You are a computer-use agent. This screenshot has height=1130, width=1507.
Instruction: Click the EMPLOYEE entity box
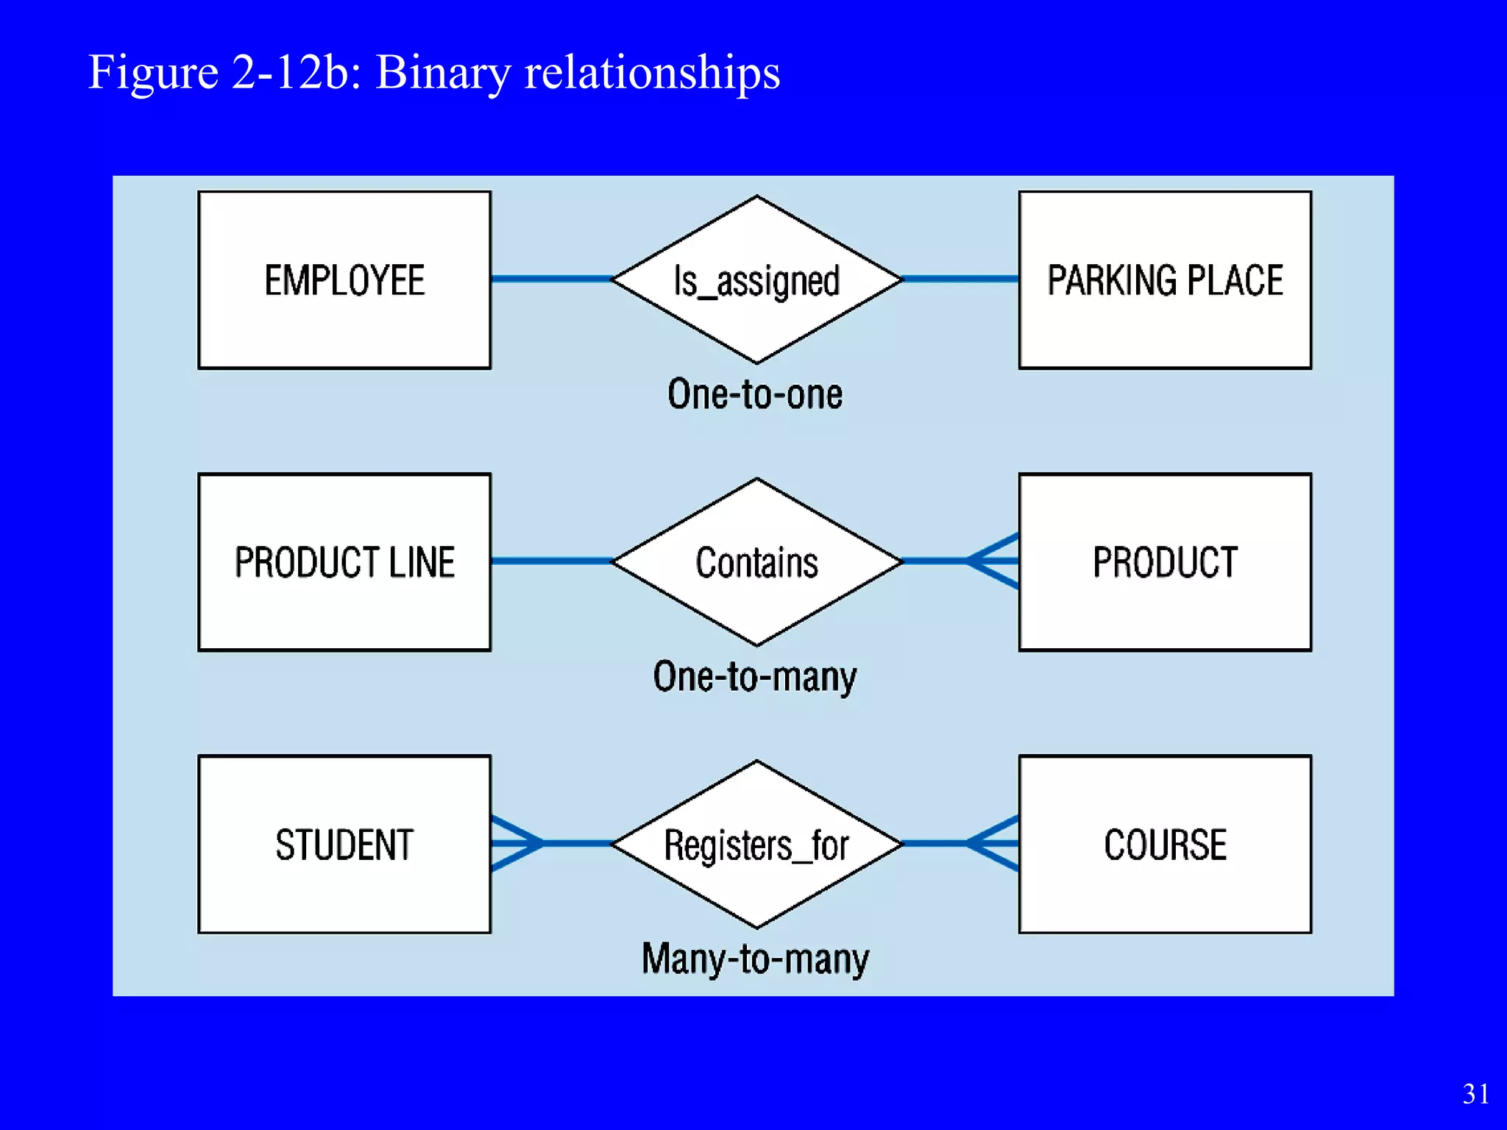tap(344, 280)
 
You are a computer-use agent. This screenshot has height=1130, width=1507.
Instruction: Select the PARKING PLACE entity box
tap(1165, 280)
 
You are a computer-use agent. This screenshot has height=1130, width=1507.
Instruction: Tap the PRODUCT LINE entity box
tap(344, 562)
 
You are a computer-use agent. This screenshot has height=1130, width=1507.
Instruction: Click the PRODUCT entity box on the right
tap(1165, 562)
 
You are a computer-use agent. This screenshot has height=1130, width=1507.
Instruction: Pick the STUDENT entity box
tap(344, 844)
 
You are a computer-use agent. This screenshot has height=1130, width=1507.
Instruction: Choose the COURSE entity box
tap(1165, 844)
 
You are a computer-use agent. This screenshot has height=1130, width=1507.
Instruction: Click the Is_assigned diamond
tap(756, 280)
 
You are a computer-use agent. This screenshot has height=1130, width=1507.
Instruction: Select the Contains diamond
tap(756, 562)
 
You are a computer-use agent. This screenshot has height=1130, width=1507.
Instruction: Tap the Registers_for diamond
tap(756, 844)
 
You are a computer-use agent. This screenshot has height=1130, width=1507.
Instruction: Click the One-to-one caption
tap(755, 394)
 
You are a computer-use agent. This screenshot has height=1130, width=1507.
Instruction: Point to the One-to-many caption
tap(755, 677)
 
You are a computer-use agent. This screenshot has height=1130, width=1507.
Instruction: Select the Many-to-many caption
tap(755, 959)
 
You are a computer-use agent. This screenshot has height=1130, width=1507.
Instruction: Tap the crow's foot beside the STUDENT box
tap(516, 843)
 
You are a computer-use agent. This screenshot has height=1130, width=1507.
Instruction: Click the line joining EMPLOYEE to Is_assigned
tap(550, 279)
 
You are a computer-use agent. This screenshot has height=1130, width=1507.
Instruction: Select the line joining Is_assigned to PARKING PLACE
tap(960, 279)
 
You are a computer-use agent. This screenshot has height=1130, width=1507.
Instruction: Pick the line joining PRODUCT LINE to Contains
tap(550, 561)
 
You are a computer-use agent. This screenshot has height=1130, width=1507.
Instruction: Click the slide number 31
tap(1475, 1094)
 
